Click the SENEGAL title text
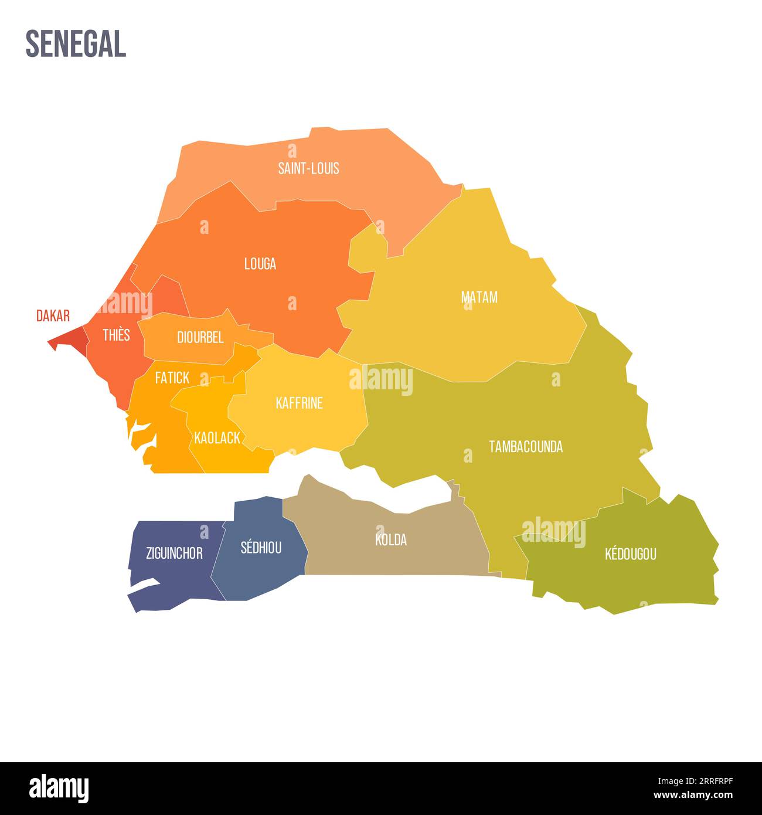76,44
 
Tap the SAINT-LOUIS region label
308,168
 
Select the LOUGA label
260,264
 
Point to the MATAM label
479,297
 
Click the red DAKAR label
53,316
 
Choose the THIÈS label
116,335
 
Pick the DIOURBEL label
200,337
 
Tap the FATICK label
172,378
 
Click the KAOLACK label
217,437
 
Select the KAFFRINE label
299,403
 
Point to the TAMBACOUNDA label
526,447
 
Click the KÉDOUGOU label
630,553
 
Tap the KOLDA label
391,539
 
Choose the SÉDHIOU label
261,548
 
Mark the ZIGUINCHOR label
174,553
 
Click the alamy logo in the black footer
59,788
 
